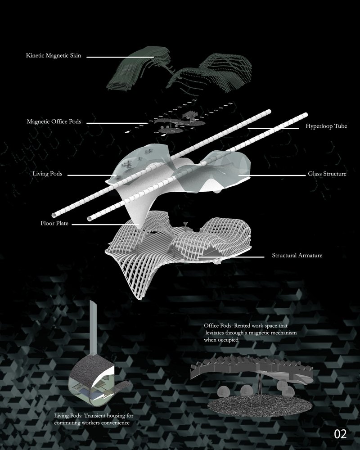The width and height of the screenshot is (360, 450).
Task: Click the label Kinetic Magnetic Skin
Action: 54,55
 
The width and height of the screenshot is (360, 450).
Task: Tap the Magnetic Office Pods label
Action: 54,121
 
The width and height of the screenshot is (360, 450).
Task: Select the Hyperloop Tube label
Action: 326,126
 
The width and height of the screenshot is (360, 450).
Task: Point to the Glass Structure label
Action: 327,174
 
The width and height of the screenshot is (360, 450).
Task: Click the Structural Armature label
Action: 297,255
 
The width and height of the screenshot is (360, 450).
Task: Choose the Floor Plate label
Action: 54,223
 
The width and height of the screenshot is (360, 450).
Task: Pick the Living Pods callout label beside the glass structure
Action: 47,174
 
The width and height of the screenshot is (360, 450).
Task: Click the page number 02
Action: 340,434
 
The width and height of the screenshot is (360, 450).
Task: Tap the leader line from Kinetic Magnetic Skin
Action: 120,57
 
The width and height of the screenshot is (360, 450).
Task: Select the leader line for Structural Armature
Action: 231,257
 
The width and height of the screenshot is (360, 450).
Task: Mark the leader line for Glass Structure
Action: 272,175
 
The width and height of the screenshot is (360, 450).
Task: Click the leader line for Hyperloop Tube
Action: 273,128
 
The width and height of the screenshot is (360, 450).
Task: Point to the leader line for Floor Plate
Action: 105,225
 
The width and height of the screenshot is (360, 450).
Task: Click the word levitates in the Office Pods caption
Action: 215,333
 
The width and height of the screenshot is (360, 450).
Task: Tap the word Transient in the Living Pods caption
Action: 94,415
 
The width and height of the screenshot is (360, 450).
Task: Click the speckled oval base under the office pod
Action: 260,405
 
